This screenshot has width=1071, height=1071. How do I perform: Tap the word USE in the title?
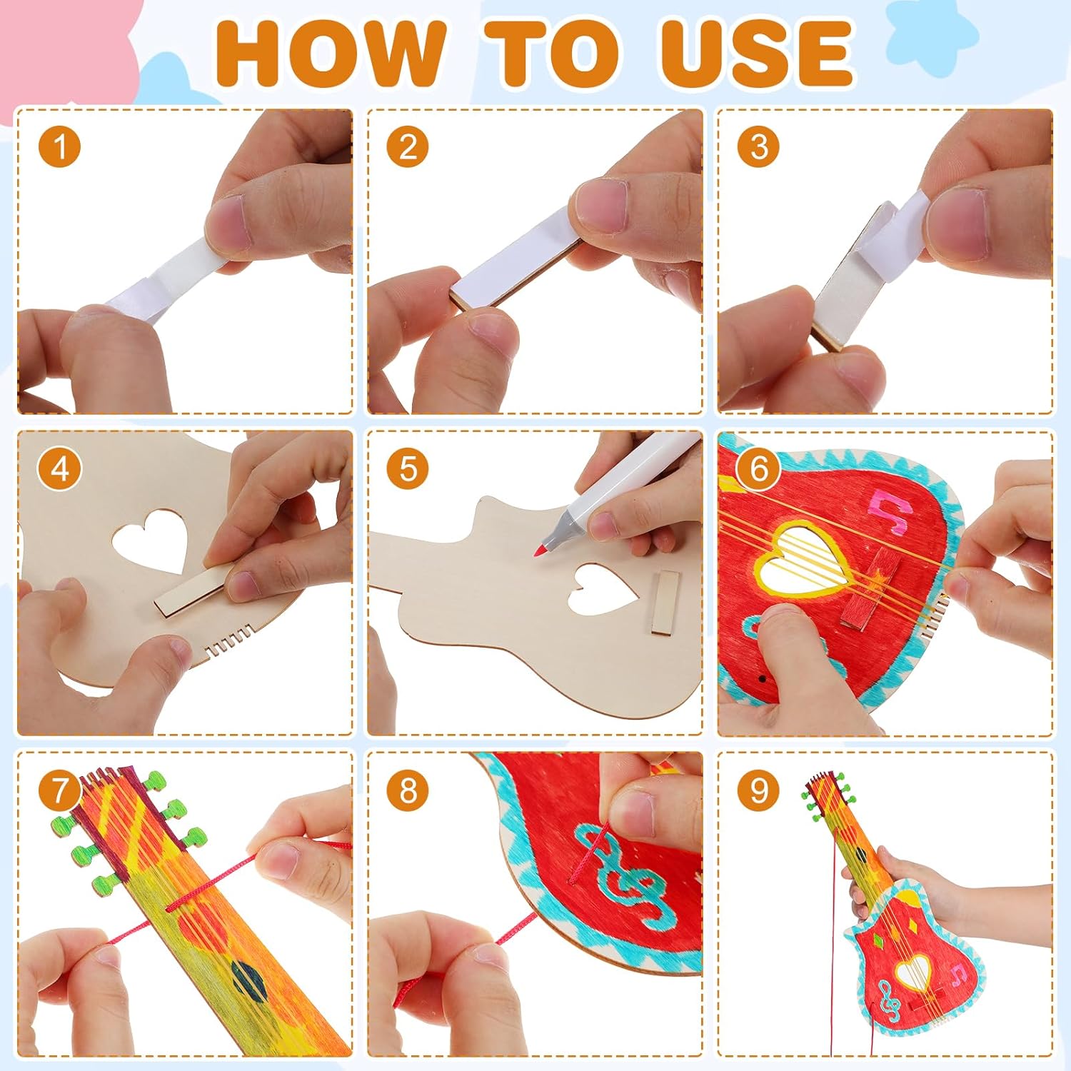click(758, 54)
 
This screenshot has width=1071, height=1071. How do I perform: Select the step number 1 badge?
click(59, 147)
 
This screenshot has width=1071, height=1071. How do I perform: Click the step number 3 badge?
click(758, 147)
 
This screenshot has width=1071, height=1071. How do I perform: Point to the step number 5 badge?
click(408, 469)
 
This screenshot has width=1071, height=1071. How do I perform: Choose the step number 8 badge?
click(408, 790)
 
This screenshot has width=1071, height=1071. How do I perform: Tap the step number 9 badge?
click(758, 790)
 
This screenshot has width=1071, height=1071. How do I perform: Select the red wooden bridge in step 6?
click(867, 590)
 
